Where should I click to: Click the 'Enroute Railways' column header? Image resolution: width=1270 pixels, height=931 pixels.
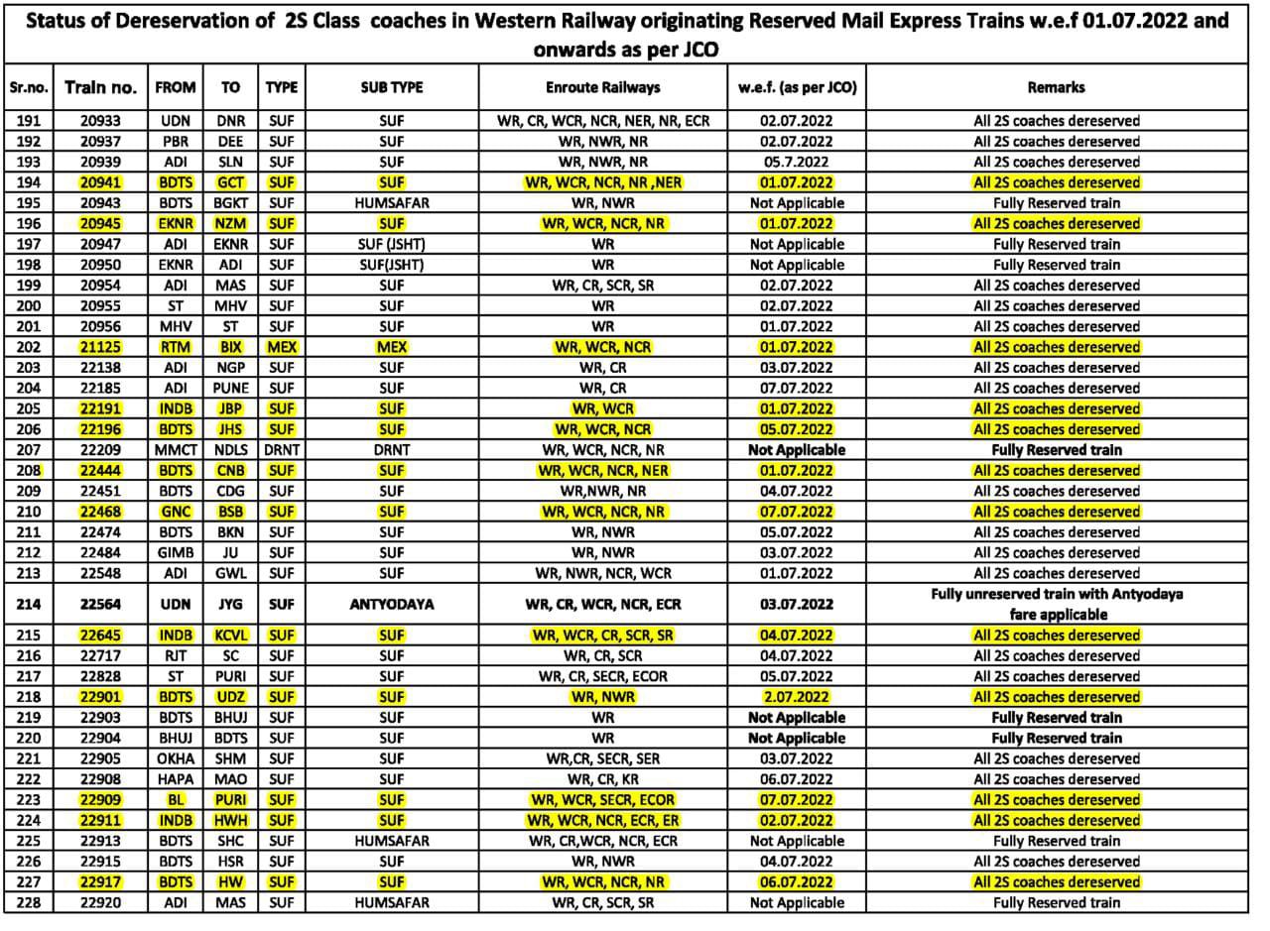point(602,87)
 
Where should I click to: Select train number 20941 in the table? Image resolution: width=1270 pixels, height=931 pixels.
point(99,182)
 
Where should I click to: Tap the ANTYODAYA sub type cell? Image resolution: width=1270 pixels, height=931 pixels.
point(391,604)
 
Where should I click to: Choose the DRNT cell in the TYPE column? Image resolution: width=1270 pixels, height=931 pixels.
point(282,450)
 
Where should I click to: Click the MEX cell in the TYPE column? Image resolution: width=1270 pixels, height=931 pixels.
point(282,347)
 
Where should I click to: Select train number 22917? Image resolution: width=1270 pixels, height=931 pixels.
point(99,881)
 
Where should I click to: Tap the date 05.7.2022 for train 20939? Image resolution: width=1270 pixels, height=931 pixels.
point(797,162)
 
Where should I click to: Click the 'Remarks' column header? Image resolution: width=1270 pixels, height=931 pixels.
point(1056,87)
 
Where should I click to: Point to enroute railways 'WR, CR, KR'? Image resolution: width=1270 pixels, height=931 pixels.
point(602,779)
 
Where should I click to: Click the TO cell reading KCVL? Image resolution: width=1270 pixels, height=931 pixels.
point(230,636)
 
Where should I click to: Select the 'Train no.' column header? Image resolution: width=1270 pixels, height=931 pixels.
point(99,87)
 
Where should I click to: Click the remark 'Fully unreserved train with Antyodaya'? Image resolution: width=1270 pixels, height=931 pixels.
point(1056,595)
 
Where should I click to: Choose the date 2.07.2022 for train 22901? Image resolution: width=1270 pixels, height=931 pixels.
point(797,697)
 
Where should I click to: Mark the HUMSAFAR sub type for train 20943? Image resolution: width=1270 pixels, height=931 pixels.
point(391,203)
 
